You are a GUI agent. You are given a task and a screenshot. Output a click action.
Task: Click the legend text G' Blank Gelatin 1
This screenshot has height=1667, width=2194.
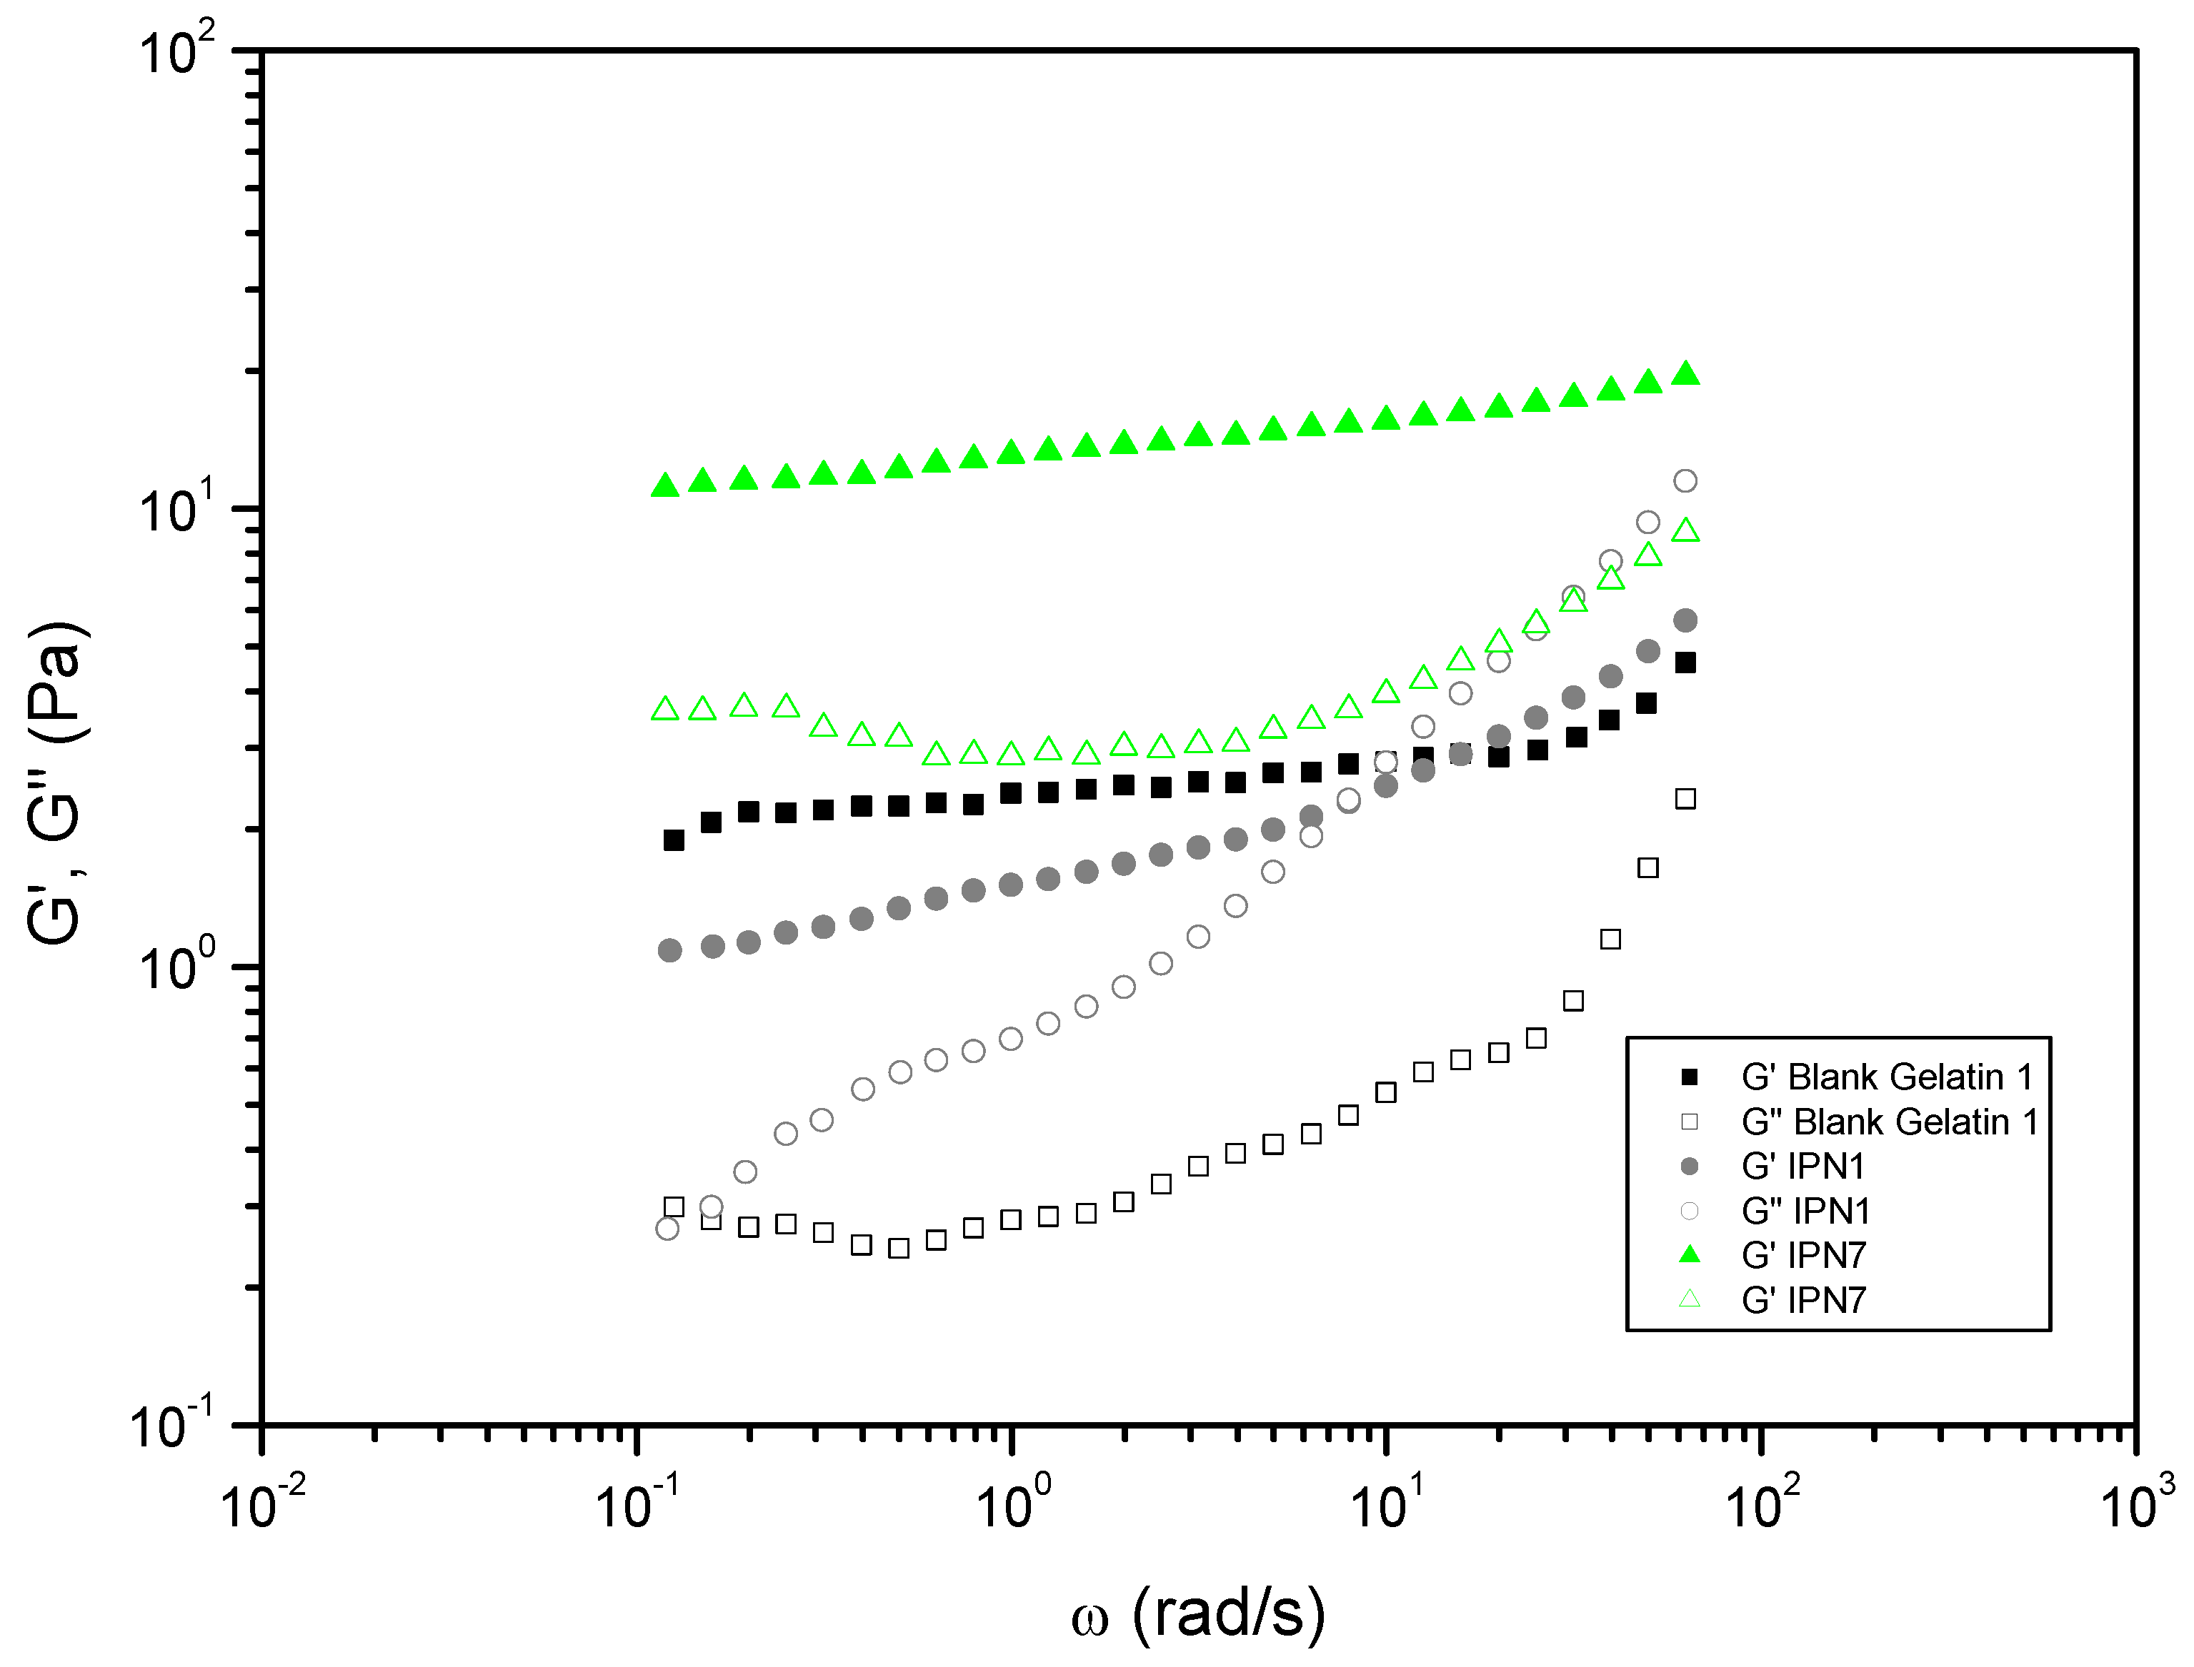point(1886,1077)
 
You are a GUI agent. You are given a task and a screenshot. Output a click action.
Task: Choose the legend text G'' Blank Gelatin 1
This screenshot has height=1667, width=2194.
point(1889,1122)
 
